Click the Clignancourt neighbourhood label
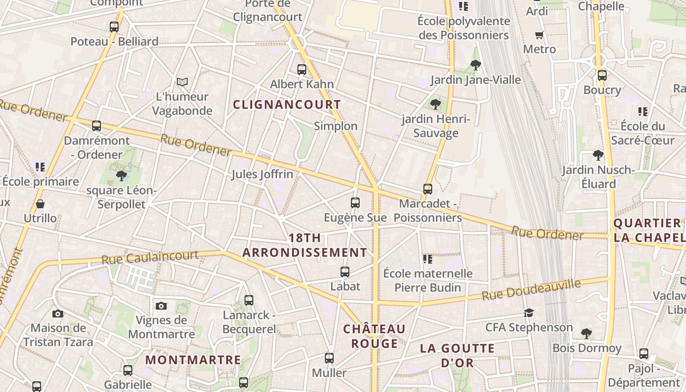[x=287, y=104]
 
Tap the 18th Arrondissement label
[x=305, y=245]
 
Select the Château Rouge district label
[x=374, y=336]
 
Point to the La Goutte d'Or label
[x=457, y=355]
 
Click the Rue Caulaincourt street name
[x=150, y=257]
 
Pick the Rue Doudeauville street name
[x=531, y=290]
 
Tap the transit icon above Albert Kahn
[x=302, y=70]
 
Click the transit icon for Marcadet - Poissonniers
[x=428, y=189]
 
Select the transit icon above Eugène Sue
[x=355, y=202]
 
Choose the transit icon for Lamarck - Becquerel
[x=249, y=300]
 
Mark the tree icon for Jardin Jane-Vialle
[x=475, y=65]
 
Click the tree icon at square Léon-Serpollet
[x=122, y=175]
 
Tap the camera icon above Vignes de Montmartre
[x=161, y=306]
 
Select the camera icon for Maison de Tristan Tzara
[x=58, y=314]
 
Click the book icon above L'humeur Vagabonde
[x=182, y=82]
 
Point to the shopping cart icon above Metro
[x=539, y=35]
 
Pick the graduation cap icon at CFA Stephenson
[x=529, y=313]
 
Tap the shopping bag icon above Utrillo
[x=40, y=203]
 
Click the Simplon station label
[x=336, y=126]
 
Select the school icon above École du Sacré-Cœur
[x=643, y=112]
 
